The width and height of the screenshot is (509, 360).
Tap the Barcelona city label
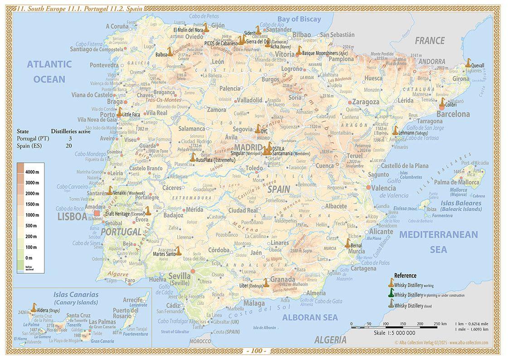(453, 114)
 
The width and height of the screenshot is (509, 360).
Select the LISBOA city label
(72, 217)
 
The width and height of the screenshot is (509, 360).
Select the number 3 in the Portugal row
(70, 138)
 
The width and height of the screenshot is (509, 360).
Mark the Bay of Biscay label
(299, 19)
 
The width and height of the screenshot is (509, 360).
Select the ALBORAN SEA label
(310, 317)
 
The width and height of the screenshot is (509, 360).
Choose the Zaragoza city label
(365, 102)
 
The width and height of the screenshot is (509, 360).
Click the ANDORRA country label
(431, 61)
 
